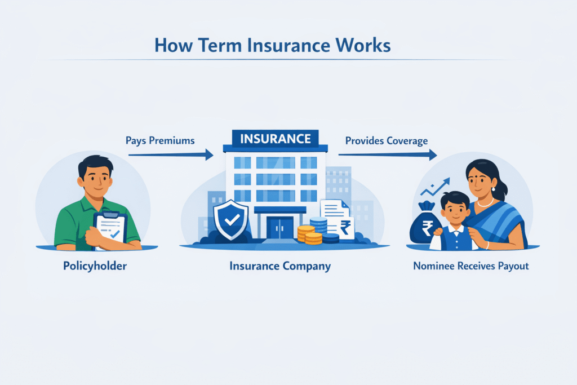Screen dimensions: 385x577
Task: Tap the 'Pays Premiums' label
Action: click(161, 140)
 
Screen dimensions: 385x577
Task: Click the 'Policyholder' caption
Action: click(95, 265)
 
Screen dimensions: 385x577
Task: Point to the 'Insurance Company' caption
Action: click(280, 265)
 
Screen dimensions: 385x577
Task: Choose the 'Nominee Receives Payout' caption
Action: click(471, 265)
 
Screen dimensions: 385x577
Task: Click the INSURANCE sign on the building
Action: click(275, 139)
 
